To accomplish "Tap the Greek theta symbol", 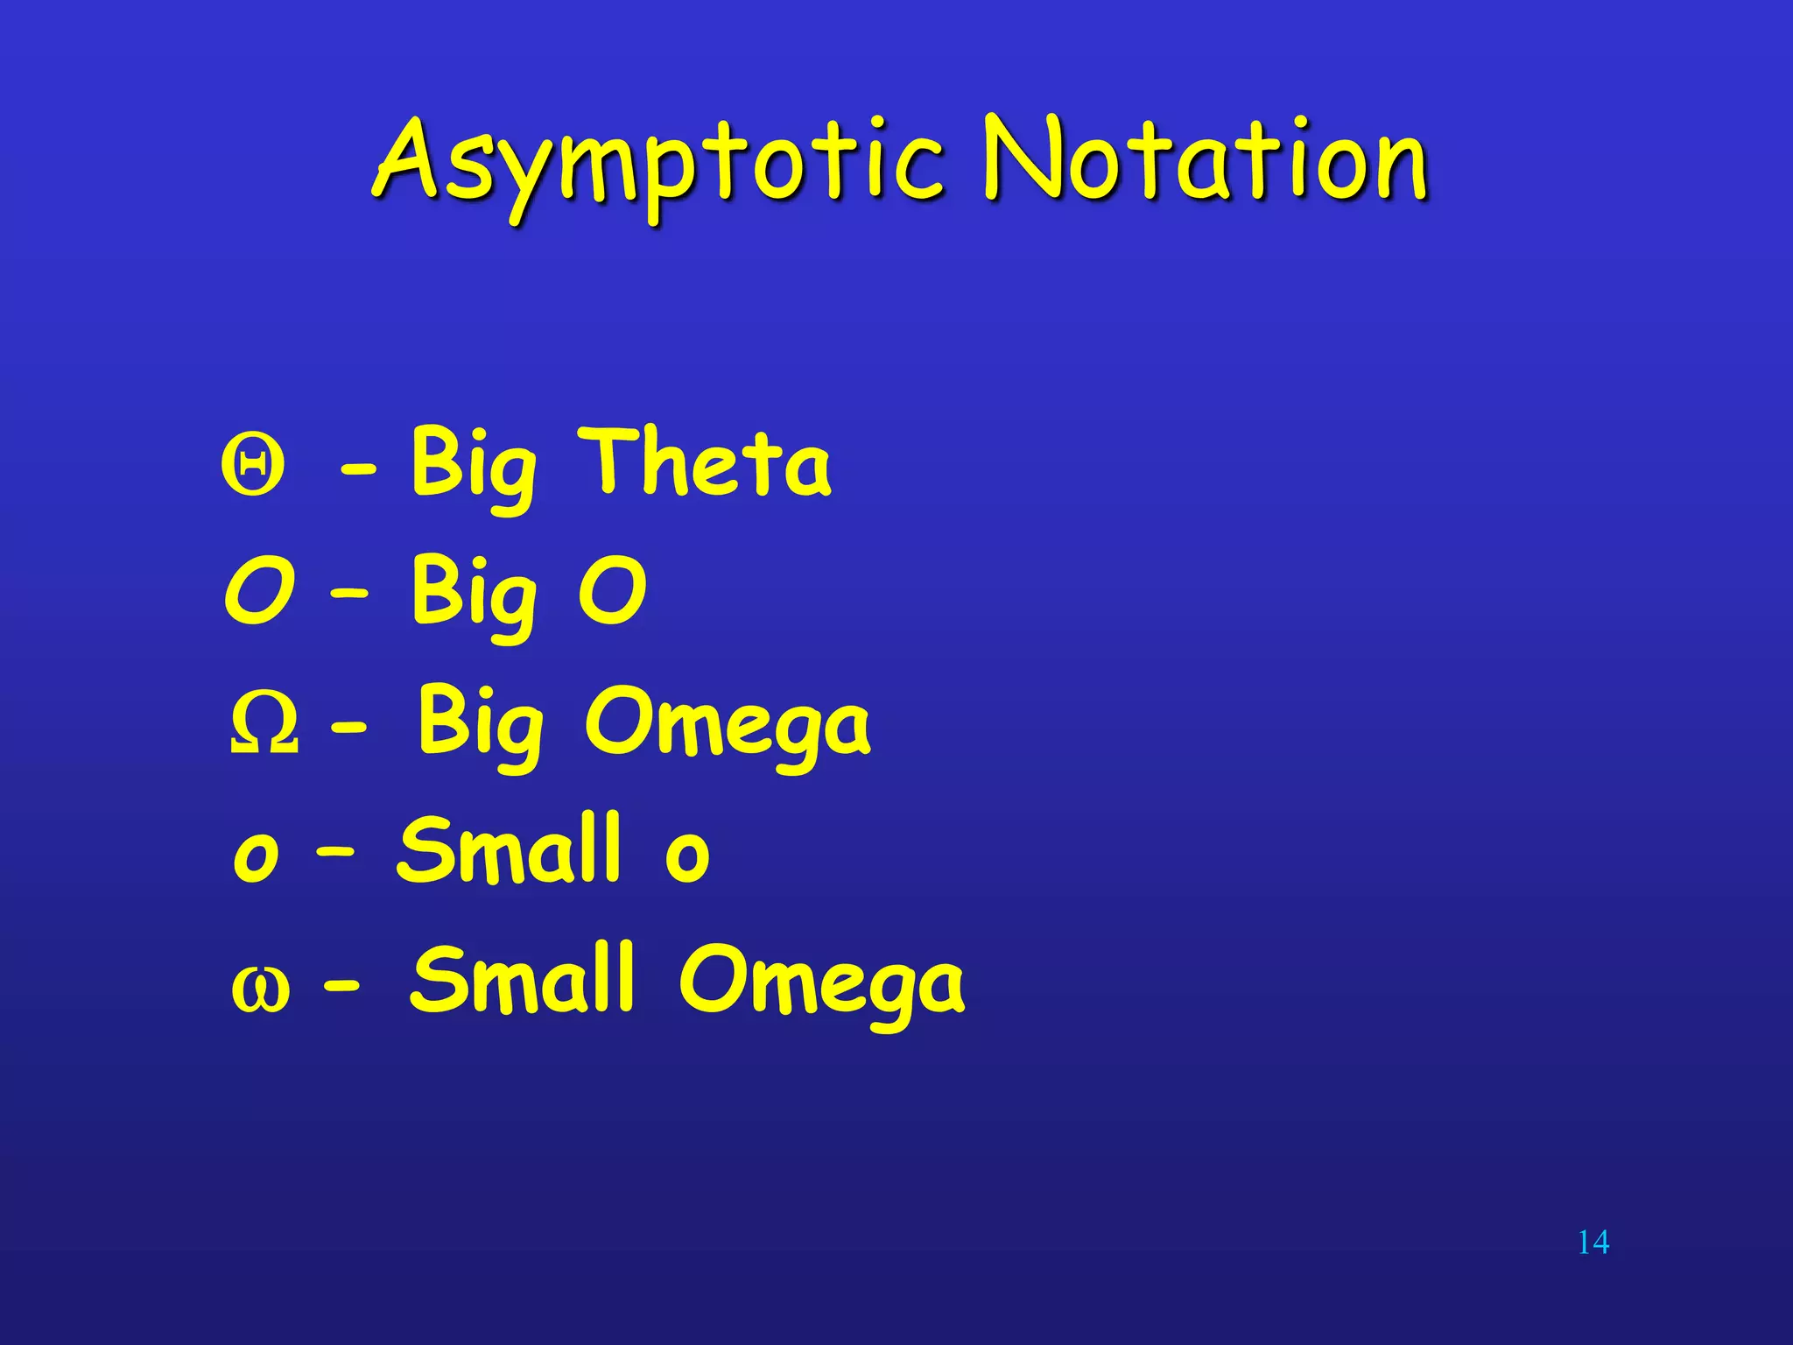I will click(x=253, y=465).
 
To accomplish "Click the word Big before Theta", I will click(x=474, y=464).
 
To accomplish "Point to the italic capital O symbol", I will click(x=260, y=592).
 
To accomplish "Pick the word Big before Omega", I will click(x=480, y=723).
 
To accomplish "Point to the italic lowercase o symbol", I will click(x=257, y=854).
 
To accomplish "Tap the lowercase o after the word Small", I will click(x=687, y=854).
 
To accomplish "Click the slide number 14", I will click(x=1593, y=1242).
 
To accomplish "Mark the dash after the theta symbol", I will click(x=358, y=474).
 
